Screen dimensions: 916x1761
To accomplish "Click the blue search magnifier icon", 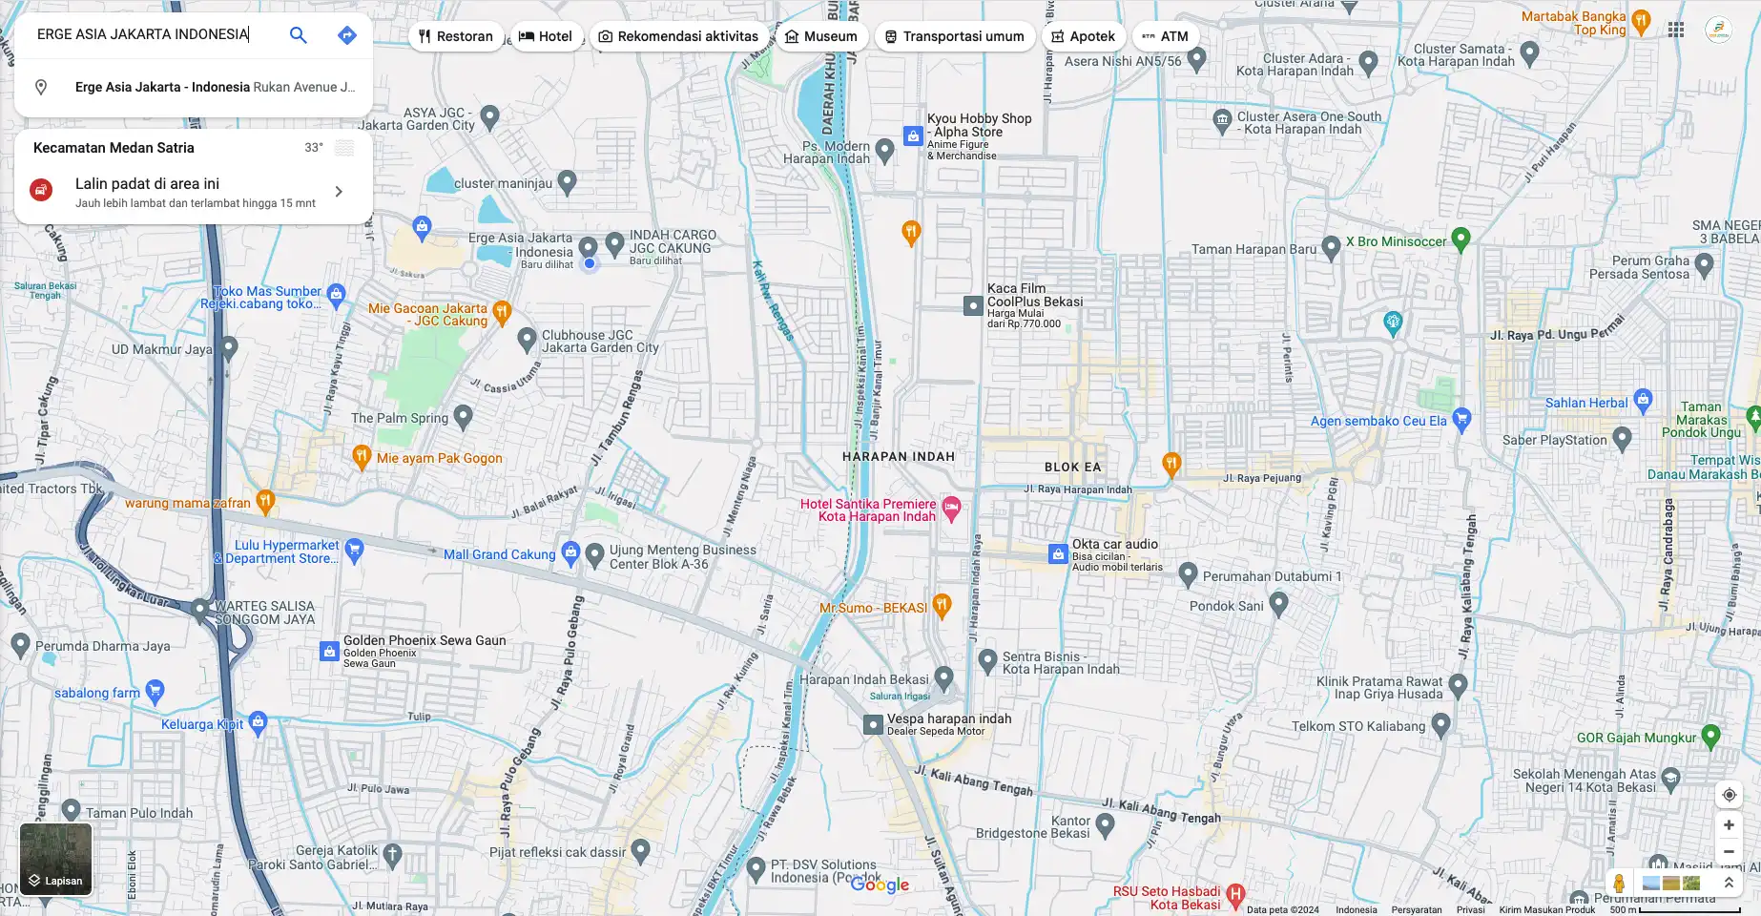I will tap(299, 35).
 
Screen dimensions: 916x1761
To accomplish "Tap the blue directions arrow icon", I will tap(347, 35).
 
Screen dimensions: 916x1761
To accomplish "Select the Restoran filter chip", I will tap(456, 36).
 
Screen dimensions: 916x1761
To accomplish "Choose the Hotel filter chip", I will tap(546, 36).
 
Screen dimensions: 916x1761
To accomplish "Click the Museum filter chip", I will tap(820, 36).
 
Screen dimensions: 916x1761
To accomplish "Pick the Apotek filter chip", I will tap(1083, 36).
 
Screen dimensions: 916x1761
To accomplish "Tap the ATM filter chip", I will tap(1165, 36).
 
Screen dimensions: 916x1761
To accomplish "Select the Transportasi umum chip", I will tap(954, 36).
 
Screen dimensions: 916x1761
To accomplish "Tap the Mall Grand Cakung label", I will tap(499, 554).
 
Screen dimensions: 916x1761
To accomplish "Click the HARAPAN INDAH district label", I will tap(898, 456).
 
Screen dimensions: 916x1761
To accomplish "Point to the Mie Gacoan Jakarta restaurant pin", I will tap(503, 311).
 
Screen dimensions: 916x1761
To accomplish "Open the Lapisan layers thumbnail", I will tap(56, 860).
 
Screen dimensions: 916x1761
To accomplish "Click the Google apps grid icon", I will tap(1676, 30).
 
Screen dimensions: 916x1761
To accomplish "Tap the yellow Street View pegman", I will tap(1619, 883).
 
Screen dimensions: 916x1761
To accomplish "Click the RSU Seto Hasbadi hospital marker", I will tap(1235, 894).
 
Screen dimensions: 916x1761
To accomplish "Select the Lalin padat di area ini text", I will tap(147, 183).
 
